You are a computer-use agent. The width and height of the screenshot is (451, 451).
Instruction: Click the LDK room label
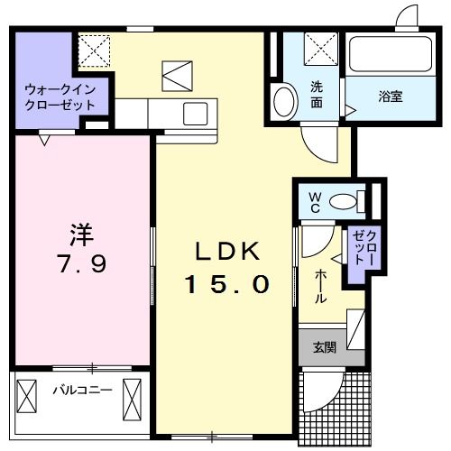tap(226, 251)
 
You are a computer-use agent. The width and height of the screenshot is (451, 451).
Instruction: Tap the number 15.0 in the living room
tap(227, 285)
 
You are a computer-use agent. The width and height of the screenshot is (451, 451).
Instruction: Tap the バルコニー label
tap(81, 391)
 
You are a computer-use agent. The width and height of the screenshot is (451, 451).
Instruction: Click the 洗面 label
tap(317, 94)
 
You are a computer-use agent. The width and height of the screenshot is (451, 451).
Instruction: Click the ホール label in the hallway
tap(320, 288)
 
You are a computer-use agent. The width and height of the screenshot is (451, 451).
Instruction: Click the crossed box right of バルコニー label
tap(133, 395)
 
